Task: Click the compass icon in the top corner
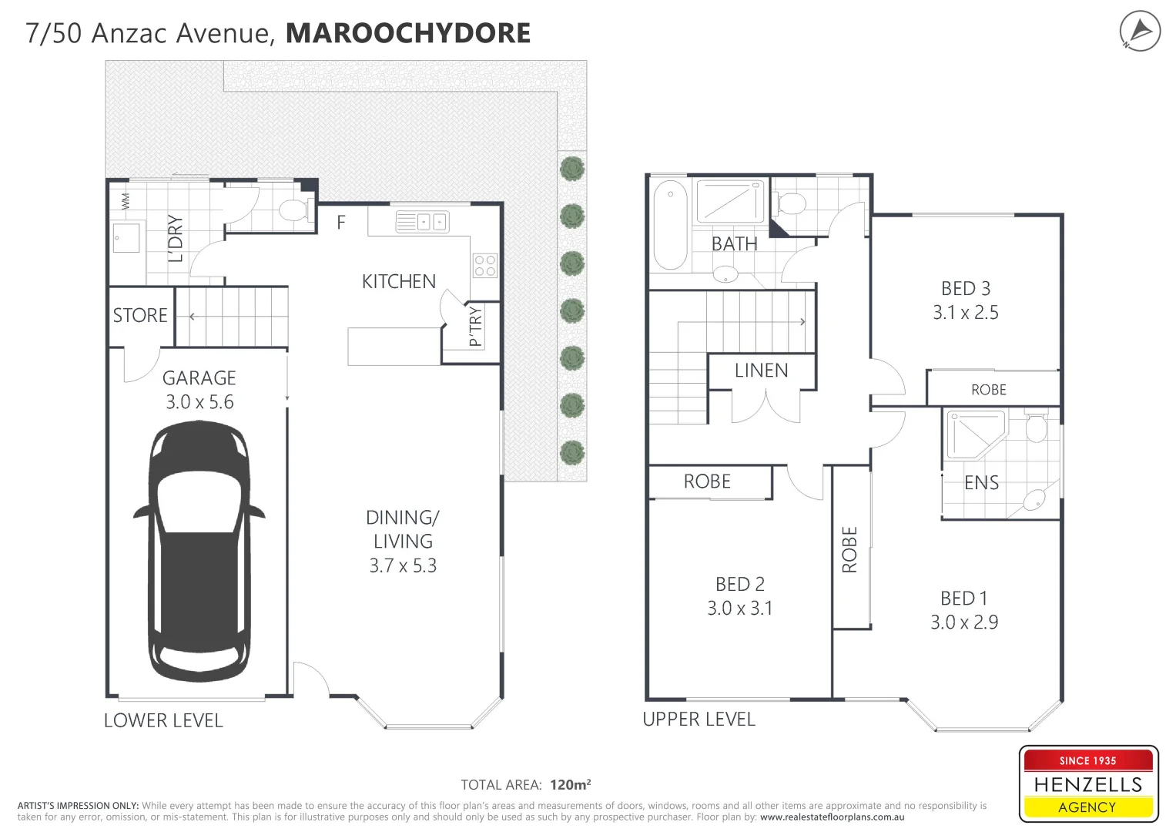1139,32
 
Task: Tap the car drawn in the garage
199,552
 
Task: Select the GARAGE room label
199,378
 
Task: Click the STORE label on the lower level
140,315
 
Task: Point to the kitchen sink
422,222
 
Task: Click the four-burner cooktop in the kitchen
485,266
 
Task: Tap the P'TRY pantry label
475,326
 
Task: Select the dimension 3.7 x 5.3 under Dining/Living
403,566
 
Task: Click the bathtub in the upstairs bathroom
670,225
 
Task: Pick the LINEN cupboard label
761,371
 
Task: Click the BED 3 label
965,289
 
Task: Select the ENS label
981,483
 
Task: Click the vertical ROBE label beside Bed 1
849,550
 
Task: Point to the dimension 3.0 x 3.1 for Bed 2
739,609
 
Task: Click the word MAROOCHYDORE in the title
408,33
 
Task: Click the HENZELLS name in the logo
1087,785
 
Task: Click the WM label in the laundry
126,202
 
